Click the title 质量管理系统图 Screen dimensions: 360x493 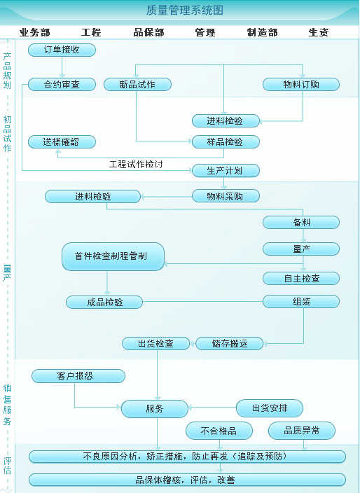pyautogui.click(x=185, y=10)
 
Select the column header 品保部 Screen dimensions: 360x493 pyautogui.click(x=148, y=32)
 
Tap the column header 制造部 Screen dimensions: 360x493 pyautogui.click(x=262, y=32)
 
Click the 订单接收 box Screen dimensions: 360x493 pyautogui.click(x=62, y=50)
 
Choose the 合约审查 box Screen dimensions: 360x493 pyautogui.click(x=62, y=85)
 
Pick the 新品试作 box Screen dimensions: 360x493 pyautogui.click(x=137, y=85)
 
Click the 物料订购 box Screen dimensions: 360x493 pyautogui.click(x=301, y=85)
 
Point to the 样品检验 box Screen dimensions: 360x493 pyautogui.click(x=226, y=141)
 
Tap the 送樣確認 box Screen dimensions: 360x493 pyautogui.click(x=62, y=141)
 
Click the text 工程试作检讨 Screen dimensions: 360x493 pyautogui.click(x=136, y=164)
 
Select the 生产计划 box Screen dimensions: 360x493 pyautogui.click(x=226, y=171)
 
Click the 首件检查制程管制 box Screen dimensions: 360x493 pyautogui.click(x=113, y=256)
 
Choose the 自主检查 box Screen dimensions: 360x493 pyautogui.click(x=301, y=279)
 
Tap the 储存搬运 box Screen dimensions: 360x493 pyautogui.click(x=230, y=344)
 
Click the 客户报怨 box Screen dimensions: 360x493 pyautogui.click(x=78, y=376)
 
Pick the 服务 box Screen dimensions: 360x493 pyautogui.click(x=155, y=409)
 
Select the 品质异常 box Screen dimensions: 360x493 pyautogui.click(x=302, y=431)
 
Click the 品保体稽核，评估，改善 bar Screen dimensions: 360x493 pyautogui.click(x=188, y=480)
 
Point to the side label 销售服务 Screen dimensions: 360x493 pyautogui.click(x=7, y=405)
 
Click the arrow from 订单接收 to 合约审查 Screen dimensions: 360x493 pyautogui.click(x=62, y=67)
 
